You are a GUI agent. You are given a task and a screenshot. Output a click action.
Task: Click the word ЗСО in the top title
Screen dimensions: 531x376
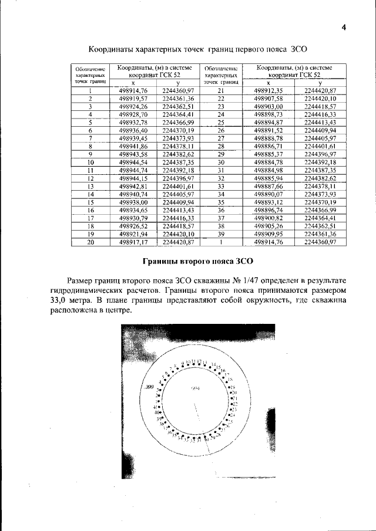[300, 49]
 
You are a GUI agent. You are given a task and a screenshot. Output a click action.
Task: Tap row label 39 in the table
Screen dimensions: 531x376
[221, 233]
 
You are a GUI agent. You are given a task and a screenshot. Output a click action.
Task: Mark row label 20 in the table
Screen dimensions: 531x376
[90, 241]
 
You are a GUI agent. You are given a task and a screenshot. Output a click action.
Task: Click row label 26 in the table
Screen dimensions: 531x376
[221, 130]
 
